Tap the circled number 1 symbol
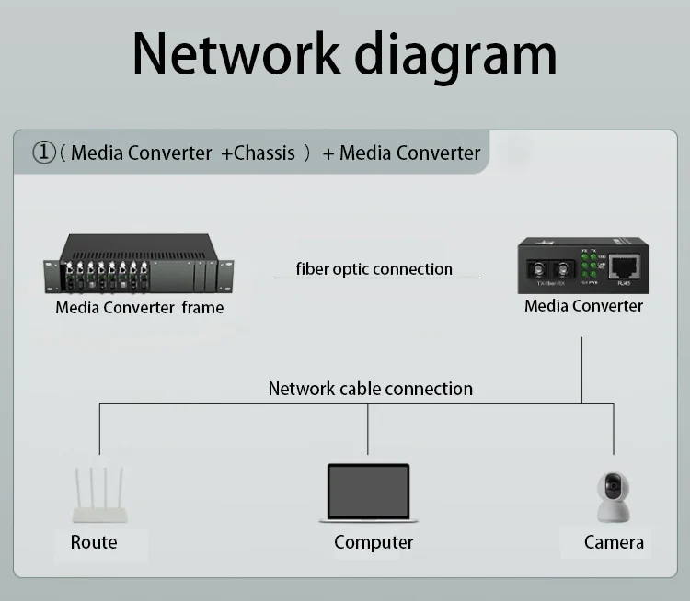(43, 153)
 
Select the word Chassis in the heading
(264, 153)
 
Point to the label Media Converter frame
(139, 307)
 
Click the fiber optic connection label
(374, 269)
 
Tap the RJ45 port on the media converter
(626, 267)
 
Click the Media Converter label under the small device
(583, 305)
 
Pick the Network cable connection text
(370, 389)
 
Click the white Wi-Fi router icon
(99, 497)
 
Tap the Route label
(94, 542)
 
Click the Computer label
(374, 542)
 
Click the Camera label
(614, 542)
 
